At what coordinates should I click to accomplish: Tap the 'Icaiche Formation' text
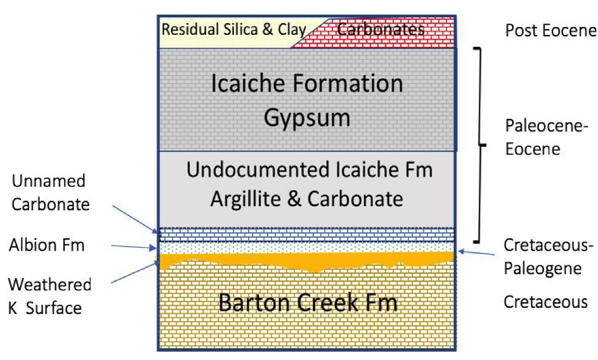307,84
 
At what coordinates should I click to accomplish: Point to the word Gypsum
307,118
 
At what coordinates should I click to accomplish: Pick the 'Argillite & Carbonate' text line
307,199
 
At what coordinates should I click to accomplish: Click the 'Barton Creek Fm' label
308,303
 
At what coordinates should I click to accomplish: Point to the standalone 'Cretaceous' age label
545,302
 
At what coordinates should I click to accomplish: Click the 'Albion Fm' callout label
47,245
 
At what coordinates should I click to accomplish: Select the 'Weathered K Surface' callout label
49,296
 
